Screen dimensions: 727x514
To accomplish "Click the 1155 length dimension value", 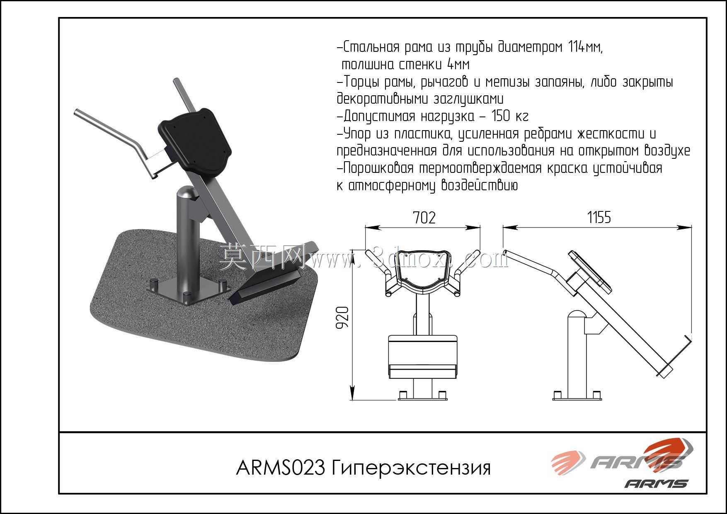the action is click(x=599, y=217).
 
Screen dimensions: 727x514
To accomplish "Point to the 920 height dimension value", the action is click(x=343, y=318).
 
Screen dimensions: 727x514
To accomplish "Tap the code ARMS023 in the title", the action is click(x=280, y=468).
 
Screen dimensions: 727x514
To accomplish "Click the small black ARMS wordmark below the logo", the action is click(x=657, y=484).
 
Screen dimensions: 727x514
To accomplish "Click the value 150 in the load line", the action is click(x=502, y=116).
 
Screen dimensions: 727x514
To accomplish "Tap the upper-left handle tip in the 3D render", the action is click(x=77, y=113).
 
